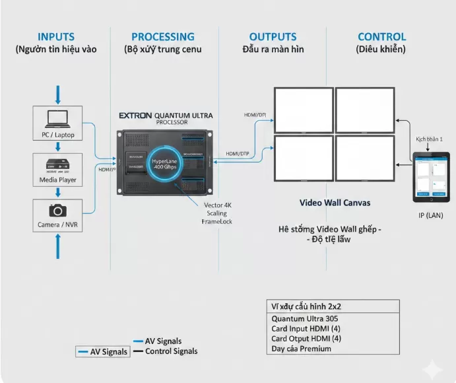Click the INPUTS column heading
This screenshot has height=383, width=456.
tap(56, 37)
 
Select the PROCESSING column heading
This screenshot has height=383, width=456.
tap(163, 37)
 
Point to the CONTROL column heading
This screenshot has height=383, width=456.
tap(381, 37)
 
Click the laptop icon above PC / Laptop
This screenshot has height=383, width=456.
tap(57, 120)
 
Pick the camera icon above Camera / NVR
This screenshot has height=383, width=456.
tap(57, 210)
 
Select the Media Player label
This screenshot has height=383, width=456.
tap(58, 179)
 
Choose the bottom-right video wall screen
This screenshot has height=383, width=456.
tap(364, 158)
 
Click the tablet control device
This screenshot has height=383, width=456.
tap(430, 176)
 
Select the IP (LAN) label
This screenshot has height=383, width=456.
tap(430, 215)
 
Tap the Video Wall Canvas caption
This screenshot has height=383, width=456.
tap(335, 203)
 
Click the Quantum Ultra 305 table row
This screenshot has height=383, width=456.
tap(300, 318)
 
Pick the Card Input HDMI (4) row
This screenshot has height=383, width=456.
tap(306, 328)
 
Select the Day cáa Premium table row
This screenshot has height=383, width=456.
tap(301, 348)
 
